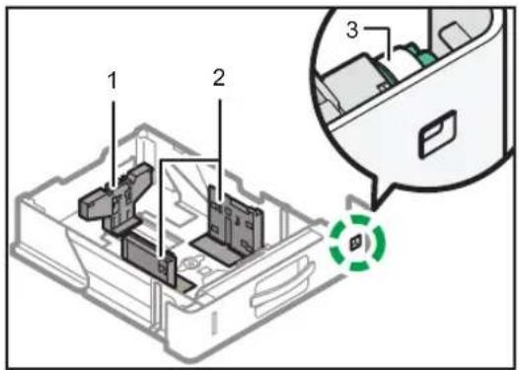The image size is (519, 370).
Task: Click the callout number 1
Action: tap(112, 81)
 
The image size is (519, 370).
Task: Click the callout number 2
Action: tap(218, 78)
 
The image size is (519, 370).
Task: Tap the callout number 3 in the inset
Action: tap(352, 31)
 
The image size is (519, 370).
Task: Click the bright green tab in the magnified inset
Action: tap(422, 55)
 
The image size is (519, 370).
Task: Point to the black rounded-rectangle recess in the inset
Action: tap(438, 134)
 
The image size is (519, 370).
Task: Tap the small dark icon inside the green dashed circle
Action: tap(356, 243)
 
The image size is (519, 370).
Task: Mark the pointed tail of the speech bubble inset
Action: tap(374, 209)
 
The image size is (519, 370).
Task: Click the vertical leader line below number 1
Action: tap(113, 145)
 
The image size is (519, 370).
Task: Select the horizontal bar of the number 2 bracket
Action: tap(190, 160)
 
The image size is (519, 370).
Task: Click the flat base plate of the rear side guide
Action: tap(216, 250)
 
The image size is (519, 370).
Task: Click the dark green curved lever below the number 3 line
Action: tap(387, 70)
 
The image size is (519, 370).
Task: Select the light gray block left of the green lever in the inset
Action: tap(352, 81)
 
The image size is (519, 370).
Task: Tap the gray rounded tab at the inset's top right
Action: tap(455, 34)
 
